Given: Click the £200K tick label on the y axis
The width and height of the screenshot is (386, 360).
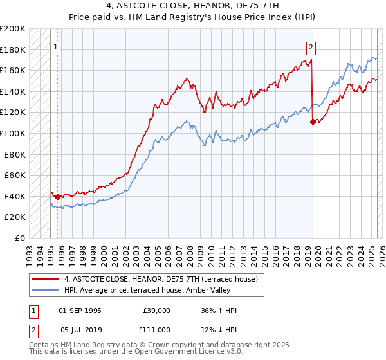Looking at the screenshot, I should pos(13,29).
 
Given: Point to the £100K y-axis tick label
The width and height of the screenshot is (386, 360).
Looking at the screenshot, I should pos(13,133).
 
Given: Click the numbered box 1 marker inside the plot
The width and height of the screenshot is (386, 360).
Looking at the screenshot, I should pos(55,47).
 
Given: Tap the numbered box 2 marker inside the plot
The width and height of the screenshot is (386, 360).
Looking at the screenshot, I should pos(311,47).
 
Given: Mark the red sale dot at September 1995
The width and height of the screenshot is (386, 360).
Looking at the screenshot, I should pos(58,197).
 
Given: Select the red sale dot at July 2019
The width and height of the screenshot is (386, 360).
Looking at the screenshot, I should pos(312,122).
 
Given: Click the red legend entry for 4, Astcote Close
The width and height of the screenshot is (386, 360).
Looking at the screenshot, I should pos(161,279).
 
